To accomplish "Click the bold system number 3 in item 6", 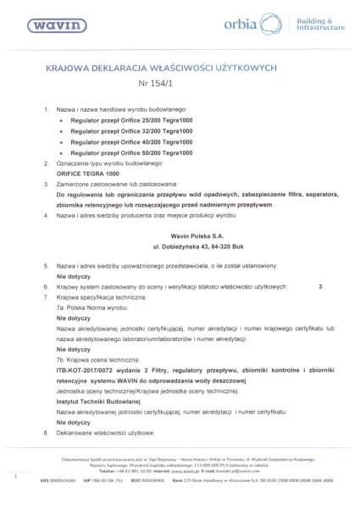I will (320, 287).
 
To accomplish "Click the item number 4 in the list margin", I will (45, 218).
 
